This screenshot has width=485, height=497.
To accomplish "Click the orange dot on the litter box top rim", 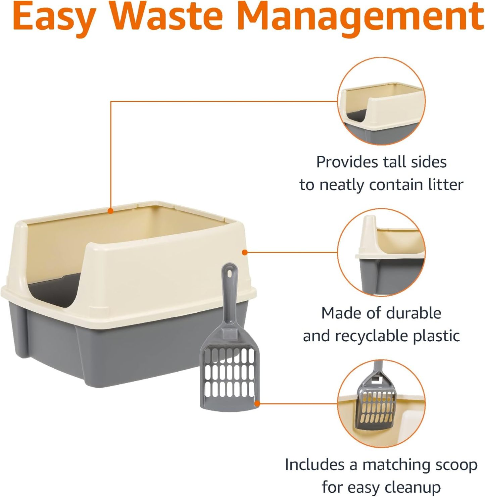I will [110, 211].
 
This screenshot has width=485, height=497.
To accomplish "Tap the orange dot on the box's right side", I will [245, 252].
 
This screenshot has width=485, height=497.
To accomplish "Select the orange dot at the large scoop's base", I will [257, 403].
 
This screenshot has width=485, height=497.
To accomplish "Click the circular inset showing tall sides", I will [381, 101].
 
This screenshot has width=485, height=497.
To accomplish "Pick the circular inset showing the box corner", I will [381, 252].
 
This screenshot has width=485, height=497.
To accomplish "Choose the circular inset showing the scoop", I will [381, 403].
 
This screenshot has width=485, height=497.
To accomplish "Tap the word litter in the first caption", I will [445, 185].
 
